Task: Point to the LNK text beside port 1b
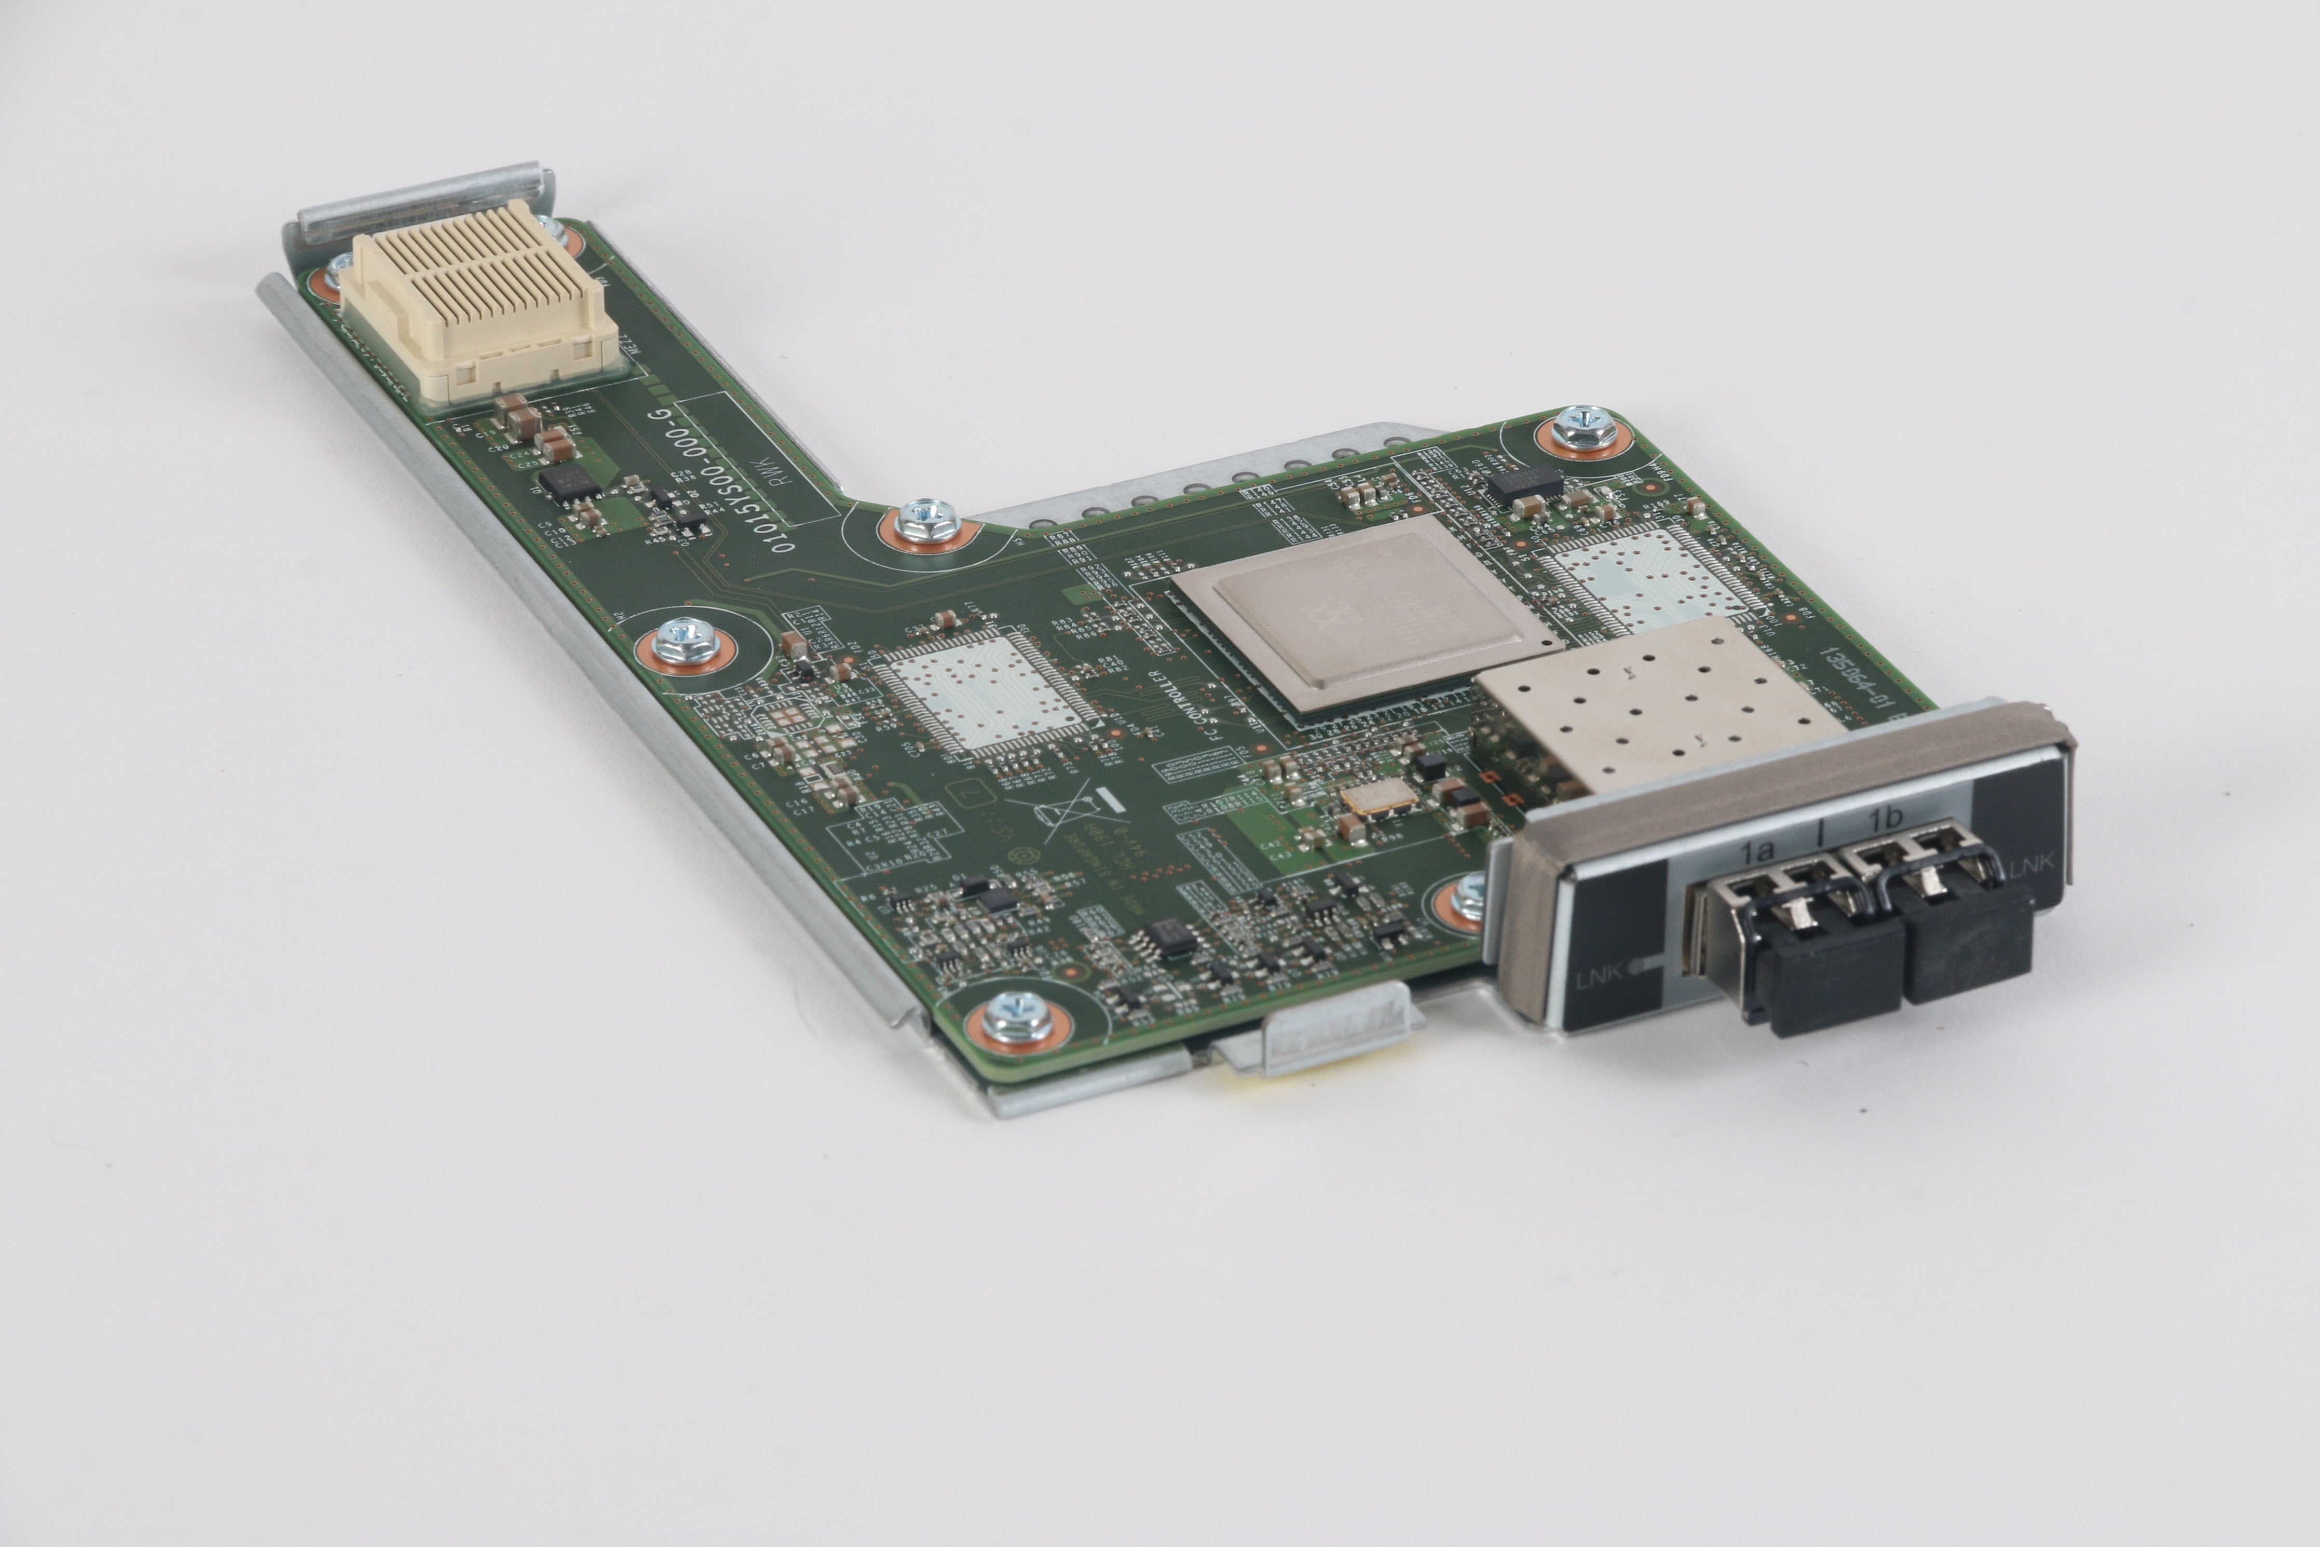[x=2032, y=867]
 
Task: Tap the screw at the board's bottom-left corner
[x=1016, y=1016]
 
